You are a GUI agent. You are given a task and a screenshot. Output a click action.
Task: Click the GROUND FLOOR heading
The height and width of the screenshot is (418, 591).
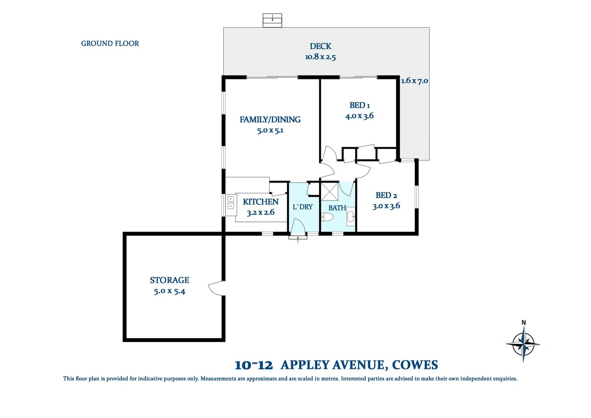pyautogui.click(x=110, y=43)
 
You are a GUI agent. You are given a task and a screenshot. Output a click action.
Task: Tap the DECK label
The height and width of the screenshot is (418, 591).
pyautogui.click(x=320, y=46)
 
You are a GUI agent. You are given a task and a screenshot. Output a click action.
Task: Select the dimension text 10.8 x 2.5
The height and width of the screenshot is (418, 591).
pyautogui.click(x=320, y=57)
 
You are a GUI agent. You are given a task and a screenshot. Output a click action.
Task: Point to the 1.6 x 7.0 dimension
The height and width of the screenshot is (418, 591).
pyautogui.click(x=415, y=81)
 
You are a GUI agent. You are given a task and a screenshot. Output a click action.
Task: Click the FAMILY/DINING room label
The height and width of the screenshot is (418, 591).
pyautogui.click(x=270, y=120)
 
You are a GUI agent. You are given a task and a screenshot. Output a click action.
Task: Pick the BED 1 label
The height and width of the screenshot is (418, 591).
pyautogui.click(x=360, y=105)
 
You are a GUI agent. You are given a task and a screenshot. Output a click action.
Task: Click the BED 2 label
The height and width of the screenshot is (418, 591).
pyautogui.click(x=386, y=195)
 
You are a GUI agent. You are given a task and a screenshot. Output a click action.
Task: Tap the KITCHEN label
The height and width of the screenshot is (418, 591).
pyautogui.click(x=260, y=202)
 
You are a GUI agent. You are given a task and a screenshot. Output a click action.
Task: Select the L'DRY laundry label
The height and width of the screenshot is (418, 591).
pyautogui.click(x=302, y=207)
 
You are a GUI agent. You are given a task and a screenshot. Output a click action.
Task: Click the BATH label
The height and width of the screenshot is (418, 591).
pyautogui.click(x=337, y=208)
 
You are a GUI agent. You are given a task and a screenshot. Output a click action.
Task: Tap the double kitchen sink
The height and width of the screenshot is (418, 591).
pyautogui.click(x=231, y=202)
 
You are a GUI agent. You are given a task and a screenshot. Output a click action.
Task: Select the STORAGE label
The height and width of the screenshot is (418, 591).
pyautogui.click(x=170, y=280)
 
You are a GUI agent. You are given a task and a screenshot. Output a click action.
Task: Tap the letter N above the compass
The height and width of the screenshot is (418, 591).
pyautogui.click(x=524, y=322)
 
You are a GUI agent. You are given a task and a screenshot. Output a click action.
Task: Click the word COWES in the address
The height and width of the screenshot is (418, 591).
pyautogui.click(x=415, y=365)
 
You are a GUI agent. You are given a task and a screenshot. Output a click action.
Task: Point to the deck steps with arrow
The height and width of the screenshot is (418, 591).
pyautogui.click(x=272, y=20)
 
